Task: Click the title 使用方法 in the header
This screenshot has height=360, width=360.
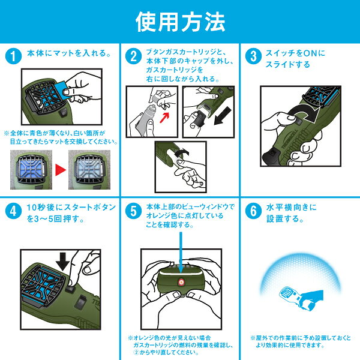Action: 180,22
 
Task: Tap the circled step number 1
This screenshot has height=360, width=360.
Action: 13,56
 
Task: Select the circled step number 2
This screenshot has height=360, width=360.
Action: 133,56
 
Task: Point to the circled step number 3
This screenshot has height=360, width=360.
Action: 253,56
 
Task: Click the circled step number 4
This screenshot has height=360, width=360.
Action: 13,211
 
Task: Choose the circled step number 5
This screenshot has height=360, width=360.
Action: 133,211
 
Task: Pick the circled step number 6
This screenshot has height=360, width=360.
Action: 253,211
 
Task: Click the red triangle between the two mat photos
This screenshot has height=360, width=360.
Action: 61,170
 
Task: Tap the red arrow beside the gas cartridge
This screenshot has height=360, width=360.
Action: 164,117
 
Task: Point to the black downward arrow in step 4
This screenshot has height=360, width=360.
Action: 62,261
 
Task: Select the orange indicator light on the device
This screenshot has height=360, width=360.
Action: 181,282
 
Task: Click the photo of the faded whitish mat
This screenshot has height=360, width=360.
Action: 89,170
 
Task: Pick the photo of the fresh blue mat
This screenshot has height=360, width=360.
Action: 31,170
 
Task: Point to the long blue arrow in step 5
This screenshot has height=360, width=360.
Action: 181,252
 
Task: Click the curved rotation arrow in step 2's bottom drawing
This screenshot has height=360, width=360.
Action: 182,152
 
